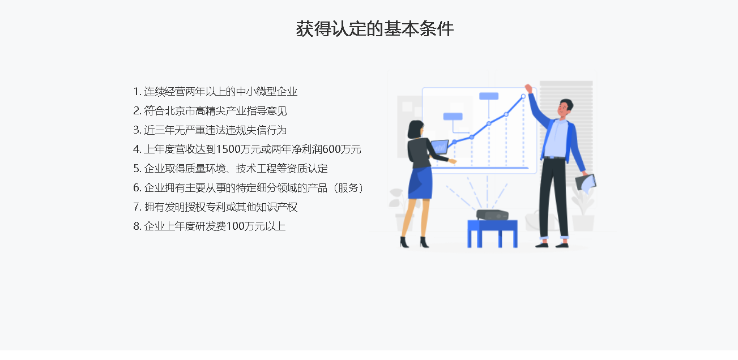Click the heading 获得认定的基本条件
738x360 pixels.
pos(374,29)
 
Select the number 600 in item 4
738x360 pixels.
pos(331,149)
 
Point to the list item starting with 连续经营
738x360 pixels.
pos(215,92)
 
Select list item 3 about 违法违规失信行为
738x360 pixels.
pos(210,130)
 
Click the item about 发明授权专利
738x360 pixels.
pos(215,207)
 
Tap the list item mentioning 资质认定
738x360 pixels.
pos(231,169)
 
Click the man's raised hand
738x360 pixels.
pos(528,89)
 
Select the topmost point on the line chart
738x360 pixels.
pos(523,96)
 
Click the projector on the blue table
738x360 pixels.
pos(492,215)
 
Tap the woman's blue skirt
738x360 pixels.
pos(420,183)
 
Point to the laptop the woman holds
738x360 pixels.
pos(440,147)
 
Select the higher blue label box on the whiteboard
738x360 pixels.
pos(489,96)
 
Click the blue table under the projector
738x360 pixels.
pos(492,234)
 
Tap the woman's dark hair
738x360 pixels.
pos(415,129)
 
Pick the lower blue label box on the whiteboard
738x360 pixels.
pos(453,116)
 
